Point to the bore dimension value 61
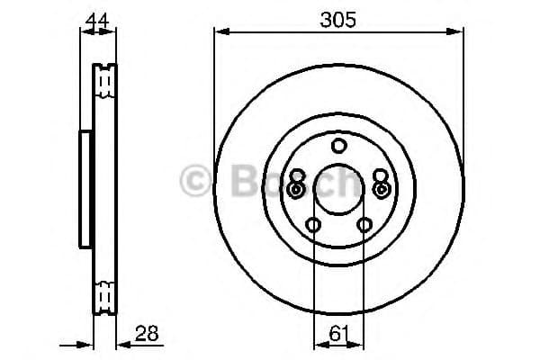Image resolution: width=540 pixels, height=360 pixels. click(x=338, y=333)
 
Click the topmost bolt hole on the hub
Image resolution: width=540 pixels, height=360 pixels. click(x=338, y=146)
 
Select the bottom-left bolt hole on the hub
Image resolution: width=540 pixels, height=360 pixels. click(x=313, y=225)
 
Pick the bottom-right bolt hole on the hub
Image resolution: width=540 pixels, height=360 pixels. click(x=364, y=225)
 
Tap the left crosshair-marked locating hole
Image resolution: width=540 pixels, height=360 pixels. click(x=297, y=190)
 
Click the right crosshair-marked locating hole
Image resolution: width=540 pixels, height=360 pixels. click(x=381, y=190)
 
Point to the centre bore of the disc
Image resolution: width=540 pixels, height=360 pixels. click(x=338, y=190)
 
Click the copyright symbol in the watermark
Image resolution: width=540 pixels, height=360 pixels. click(x=196, y=183)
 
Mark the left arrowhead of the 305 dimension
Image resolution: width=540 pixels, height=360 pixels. click(x=219, y=33)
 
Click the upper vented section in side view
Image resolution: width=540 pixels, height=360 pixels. click(x=106, y=81)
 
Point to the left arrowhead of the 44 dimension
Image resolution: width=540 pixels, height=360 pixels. click(x=84, y=33)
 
